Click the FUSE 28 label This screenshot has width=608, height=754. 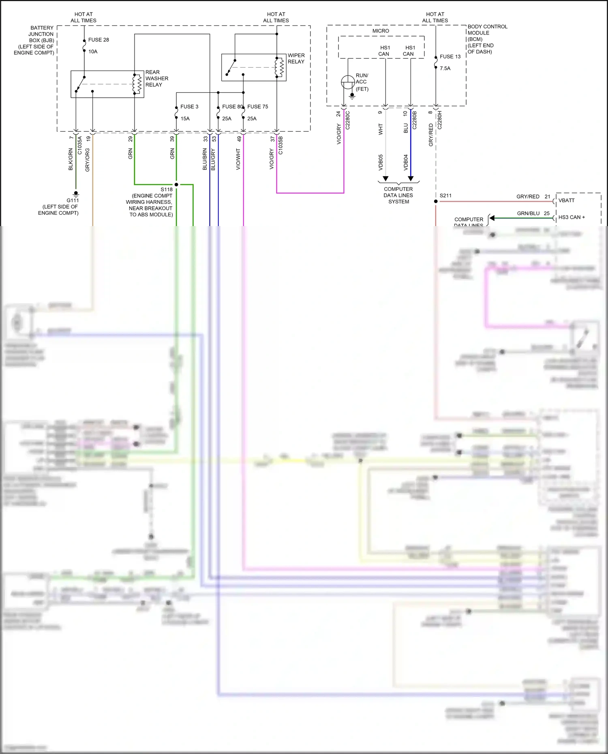(x=98, y=40)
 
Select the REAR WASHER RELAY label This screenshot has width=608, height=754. (x=156, y=78)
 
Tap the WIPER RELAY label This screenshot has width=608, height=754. (x=296, y=58)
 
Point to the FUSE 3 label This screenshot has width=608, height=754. (x=189, y=107)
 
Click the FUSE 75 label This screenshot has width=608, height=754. (x=258, y=107)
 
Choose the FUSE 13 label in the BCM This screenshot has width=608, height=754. (x=450, y=57)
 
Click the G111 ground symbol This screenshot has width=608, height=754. (x=76, y=194)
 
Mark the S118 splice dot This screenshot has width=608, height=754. (x=176, y=185)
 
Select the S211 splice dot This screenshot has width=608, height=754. (x=436, y=201)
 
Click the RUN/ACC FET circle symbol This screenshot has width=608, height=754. (x=348, y=82)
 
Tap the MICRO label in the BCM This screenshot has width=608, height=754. (x=381, y=31)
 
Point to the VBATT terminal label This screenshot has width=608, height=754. (x=566, y=201)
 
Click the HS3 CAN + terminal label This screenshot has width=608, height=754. (x=572, y=217)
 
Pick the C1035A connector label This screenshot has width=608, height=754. (x=80, y=145)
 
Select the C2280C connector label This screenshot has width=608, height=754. (x=347, y=120)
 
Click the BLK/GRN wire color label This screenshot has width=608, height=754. (x=71, y=159)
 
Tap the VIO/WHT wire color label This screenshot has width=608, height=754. (x=238, y=159)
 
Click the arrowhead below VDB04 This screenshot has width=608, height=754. (x=411, y=178)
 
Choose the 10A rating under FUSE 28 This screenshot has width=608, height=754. (x=93, y=51)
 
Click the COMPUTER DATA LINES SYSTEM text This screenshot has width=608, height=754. (x=398, y=195)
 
